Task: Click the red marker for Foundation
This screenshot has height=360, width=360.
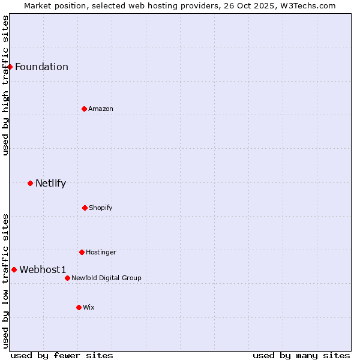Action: pyautogui.click(x=10, y=67)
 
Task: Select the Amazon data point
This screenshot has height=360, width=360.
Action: pyautogui.click(x=84, y=109)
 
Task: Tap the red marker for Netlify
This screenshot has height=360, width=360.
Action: pyautogui.click(x=30, y=183)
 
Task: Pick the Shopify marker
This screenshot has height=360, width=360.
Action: pyautogui.click(x=85, y=208)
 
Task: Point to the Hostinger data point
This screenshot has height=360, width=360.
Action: pyautogui.click(x=82, y=252)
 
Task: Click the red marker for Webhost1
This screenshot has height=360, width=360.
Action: pyautogui.click(x=14, y=269)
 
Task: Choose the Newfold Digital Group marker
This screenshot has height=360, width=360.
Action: pyautogui.click(x=67, y=278)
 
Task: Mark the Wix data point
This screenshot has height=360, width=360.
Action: pyautogui.click(x=79, y=307)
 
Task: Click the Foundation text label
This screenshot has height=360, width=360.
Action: pyautogui.click(x=41, y=67)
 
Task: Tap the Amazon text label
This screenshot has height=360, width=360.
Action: pyautogui.click(x=101, y=109)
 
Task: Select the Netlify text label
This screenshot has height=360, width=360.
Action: pyautogui.click(x=50, y=183)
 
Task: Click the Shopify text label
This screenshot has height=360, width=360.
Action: pyautogui.click(x=101, y=208)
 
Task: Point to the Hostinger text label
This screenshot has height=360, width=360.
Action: pyautogui.click(x=101, y=252)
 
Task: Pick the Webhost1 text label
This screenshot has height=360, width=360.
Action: pyautogui.click(x=43, y=269)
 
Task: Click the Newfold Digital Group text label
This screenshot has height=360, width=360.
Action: pyautogui.click(x=106, y=278)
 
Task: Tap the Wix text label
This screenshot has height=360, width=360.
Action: pyautogui.click(x=89, y=307)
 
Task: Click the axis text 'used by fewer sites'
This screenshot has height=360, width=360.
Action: pyautogui.click(x=62, y=355)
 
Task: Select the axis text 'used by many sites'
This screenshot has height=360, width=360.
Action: pyautogui.click(x=301, y=355)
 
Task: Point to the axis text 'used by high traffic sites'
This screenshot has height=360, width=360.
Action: pyautogui.click(x=5, y=85)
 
